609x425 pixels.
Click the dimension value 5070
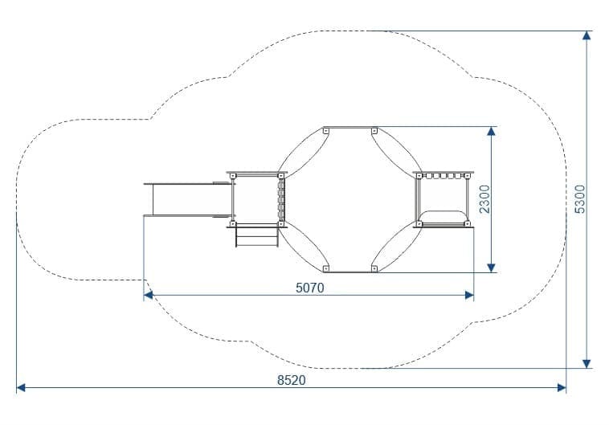[309, 288]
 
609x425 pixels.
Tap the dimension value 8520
[292, 380]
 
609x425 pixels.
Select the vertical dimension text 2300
[484, 199]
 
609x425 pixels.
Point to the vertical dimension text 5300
[580, 199]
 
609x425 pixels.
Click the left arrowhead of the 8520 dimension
[21, 388]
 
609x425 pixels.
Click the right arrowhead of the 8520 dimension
[562, 388]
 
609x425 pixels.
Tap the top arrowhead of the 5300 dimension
[587, 35]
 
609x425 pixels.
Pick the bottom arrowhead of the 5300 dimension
[587, 364]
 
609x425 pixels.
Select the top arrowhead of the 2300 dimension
[492, 131]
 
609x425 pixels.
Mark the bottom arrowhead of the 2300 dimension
[492, 268]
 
